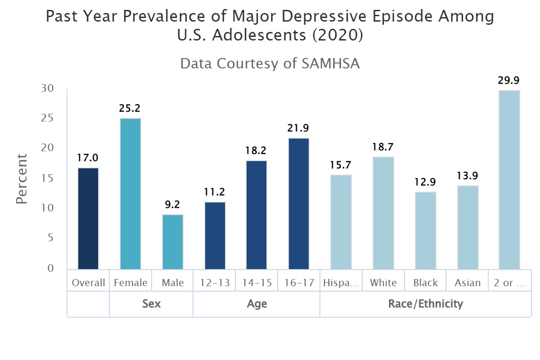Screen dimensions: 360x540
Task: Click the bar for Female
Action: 130,193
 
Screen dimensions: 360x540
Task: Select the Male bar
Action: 173,242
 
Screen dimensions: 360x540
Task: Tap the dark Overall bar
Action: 88,218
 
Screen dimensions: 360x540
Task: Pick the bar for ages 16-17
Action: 299,203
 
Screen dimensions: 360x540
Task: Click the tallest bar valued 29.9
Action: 509,180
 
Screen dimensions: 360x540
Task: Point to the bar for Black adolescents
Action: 426,230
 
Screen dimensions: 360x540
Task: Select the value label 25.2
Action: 130,108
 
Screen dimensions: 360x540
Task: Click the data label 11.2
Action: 215,192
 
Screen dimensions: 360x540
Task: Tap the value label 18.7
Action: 383,147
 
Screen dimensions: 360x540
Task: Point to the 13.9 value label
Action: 468,176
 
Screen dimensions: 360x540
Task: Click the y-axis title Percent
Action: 22,179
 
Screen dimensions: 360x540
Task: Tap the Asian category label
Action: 468,283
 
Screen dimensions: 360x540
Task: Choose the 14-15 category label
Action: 257,283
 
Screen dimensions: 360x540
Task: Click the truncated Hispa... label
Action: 341,283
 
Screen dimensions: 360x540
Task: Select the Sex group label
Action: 151,304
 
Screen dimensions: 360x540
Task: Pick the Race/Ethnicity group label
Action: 426,304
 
